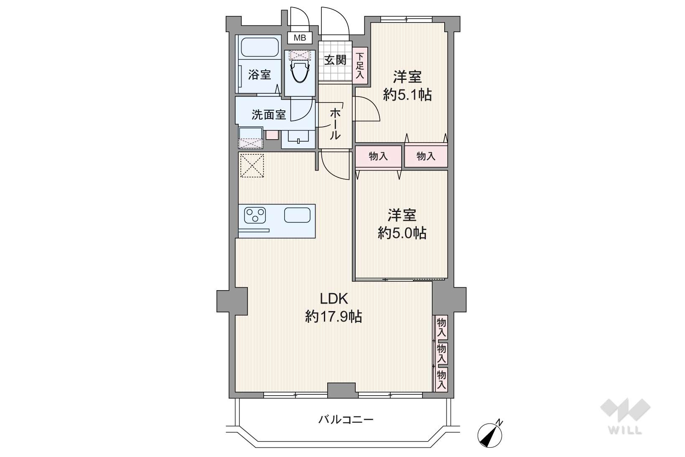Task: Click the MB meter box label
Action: pyautogui.click(x=300, y=38)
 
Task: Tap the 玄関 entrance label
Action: pyautogui.click(x=335, y=60)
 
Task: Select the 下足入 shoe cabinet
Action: pyautogui.click(x=360, y=65)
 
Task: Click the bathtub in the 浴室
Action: pyautogui.click(x=260, y=47)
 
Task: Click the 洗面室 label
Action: pyautogui.click(x=268, y=115)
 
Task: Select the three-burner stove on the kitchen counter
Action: pyautogui.click(x=255, y=215)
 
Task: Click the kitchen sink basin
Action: pyautogui.click(x=297, y=215)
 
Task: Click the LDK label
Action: pyautogui.click(x=334, y=299)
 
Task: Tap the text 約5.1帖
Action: pyautogui.click(x=407, y=95)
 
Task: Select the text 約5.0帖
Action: pyautogui.click(x=402, y=233)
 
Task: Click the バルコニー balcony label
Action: pyautogui.click(x=346, y=419)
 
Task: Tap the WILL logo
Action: pyautogui.click(x=625, y=416)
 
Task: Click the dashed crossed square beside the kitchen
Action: pyautogui.click(x=252, y=166)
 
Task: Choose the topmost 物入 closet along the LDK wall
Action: pyautogui.click(x=441, y=327)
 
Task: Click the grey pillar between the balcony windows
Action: pyautogui.click(x=343, y=390)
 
